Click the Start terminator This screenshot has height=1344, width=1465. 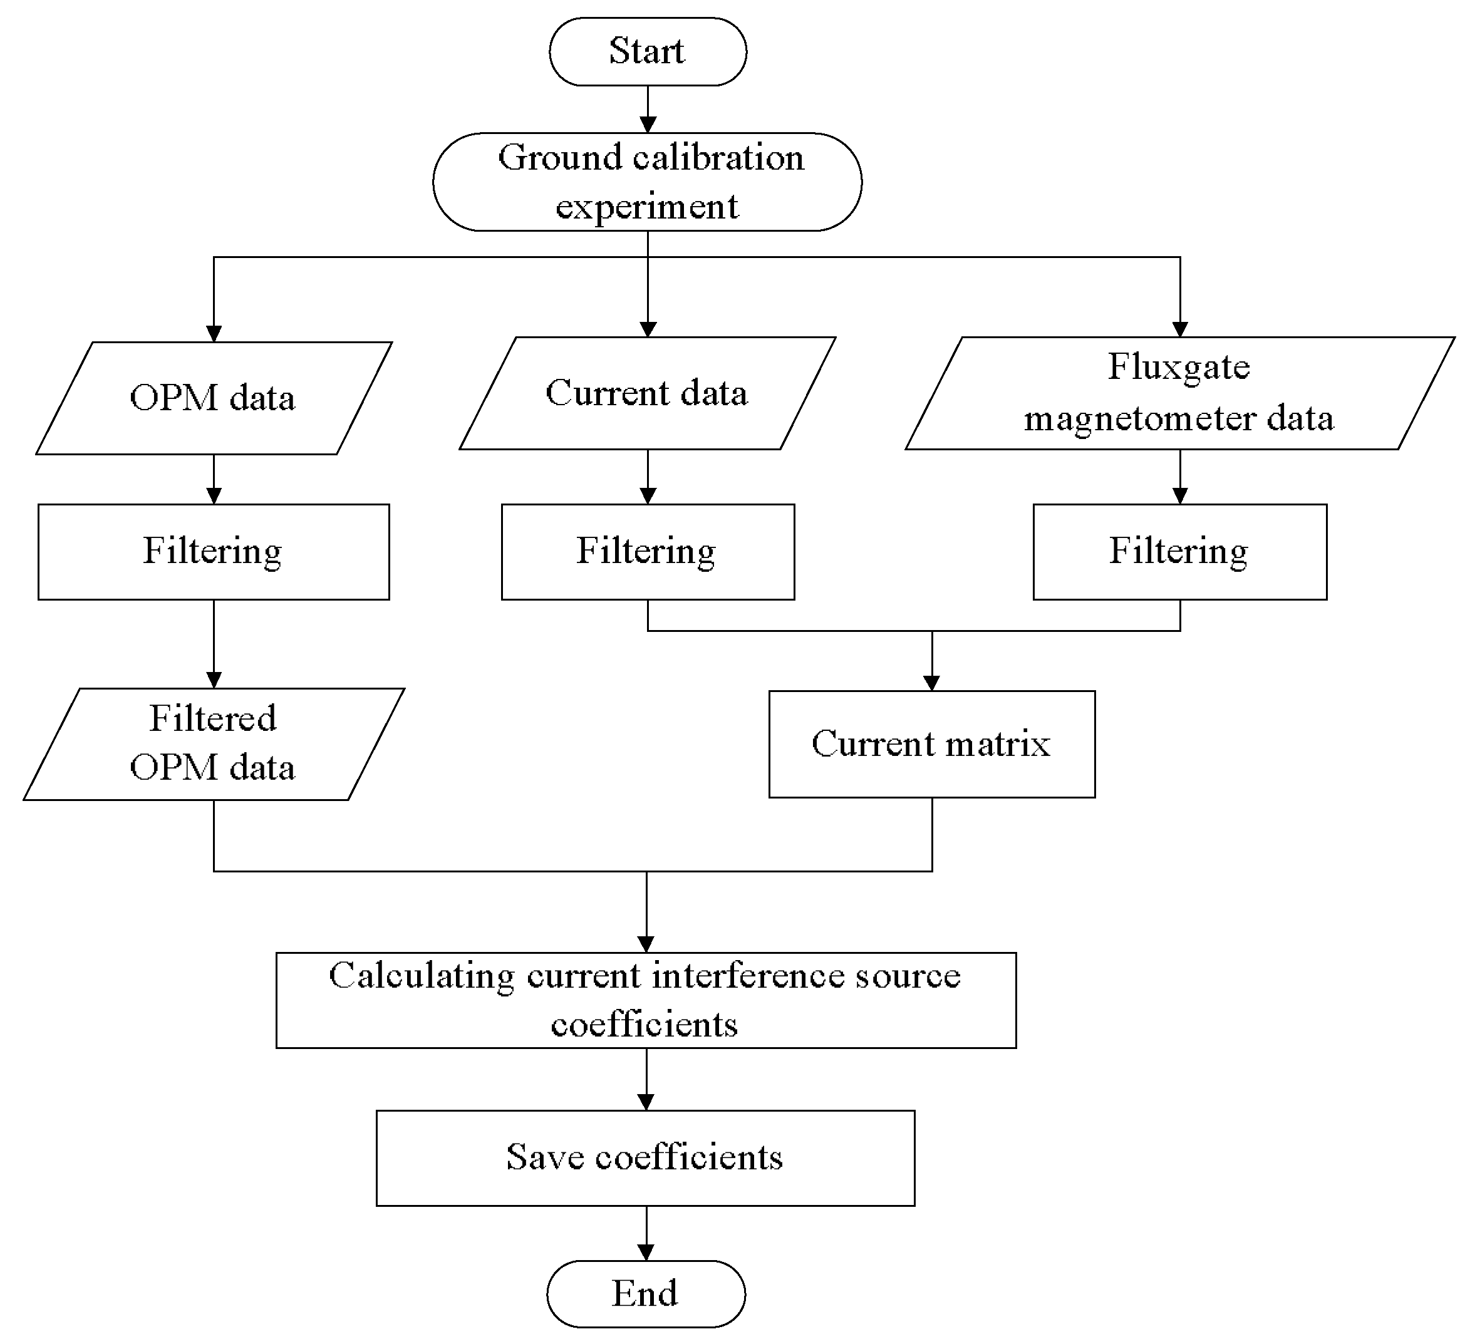pyautogui.click(x=648, y=51)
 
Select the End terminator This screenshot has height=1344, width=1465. pyautogui.click(x=645, y=1293)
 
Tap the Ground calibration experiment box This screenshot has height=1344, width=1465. pyautogui.click(x=648, y=182)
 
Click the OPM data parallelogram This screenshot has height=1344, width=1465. pyautogui.click(x=214, y=398)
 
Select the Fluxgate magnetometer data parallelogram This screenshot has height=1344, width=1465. pyautogui.click(x=1179, y=393)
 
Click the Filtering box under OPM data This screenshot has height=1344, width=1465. pyautogui.click(x=214, y=551)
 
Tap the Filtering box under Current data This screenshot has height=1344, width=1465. pyautogui.click(x=648, y=551)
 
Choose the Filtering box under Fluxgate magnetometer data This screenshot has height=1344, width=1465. pyautogui.click(x=1179, y=551)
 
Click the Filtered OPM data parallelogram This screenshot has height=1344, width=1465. pyautogui.click(x=214, y=743)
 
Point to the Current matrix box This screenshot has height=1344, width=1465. pyautogui.click(x=931, y=743)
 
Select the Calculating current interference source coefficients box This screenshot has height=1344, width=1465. pyautogui.click(x=646, y=1000)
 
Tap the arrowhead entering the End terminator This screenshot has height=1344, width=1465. pyautogui.click(x=646, y=1253)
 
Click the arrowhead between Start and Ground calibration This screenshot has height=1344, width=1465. pyautogui.click(x=648, y=125)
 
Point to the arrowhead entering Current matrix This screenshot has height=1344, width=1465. pyautogui.click(x=931, y=682)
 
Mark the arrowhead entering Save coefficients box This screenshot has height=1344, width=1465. pyautogui.click(x=646, y=1102)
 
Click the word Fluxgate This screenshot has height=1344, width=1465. pyautogui.click(x=1178, y=366)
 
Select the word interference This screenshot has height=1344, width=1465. pyautogui.click(x=748, y=976)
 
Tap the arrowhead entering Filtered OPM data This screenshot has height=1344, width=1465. pyautogui.click(x=214, y=680)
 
